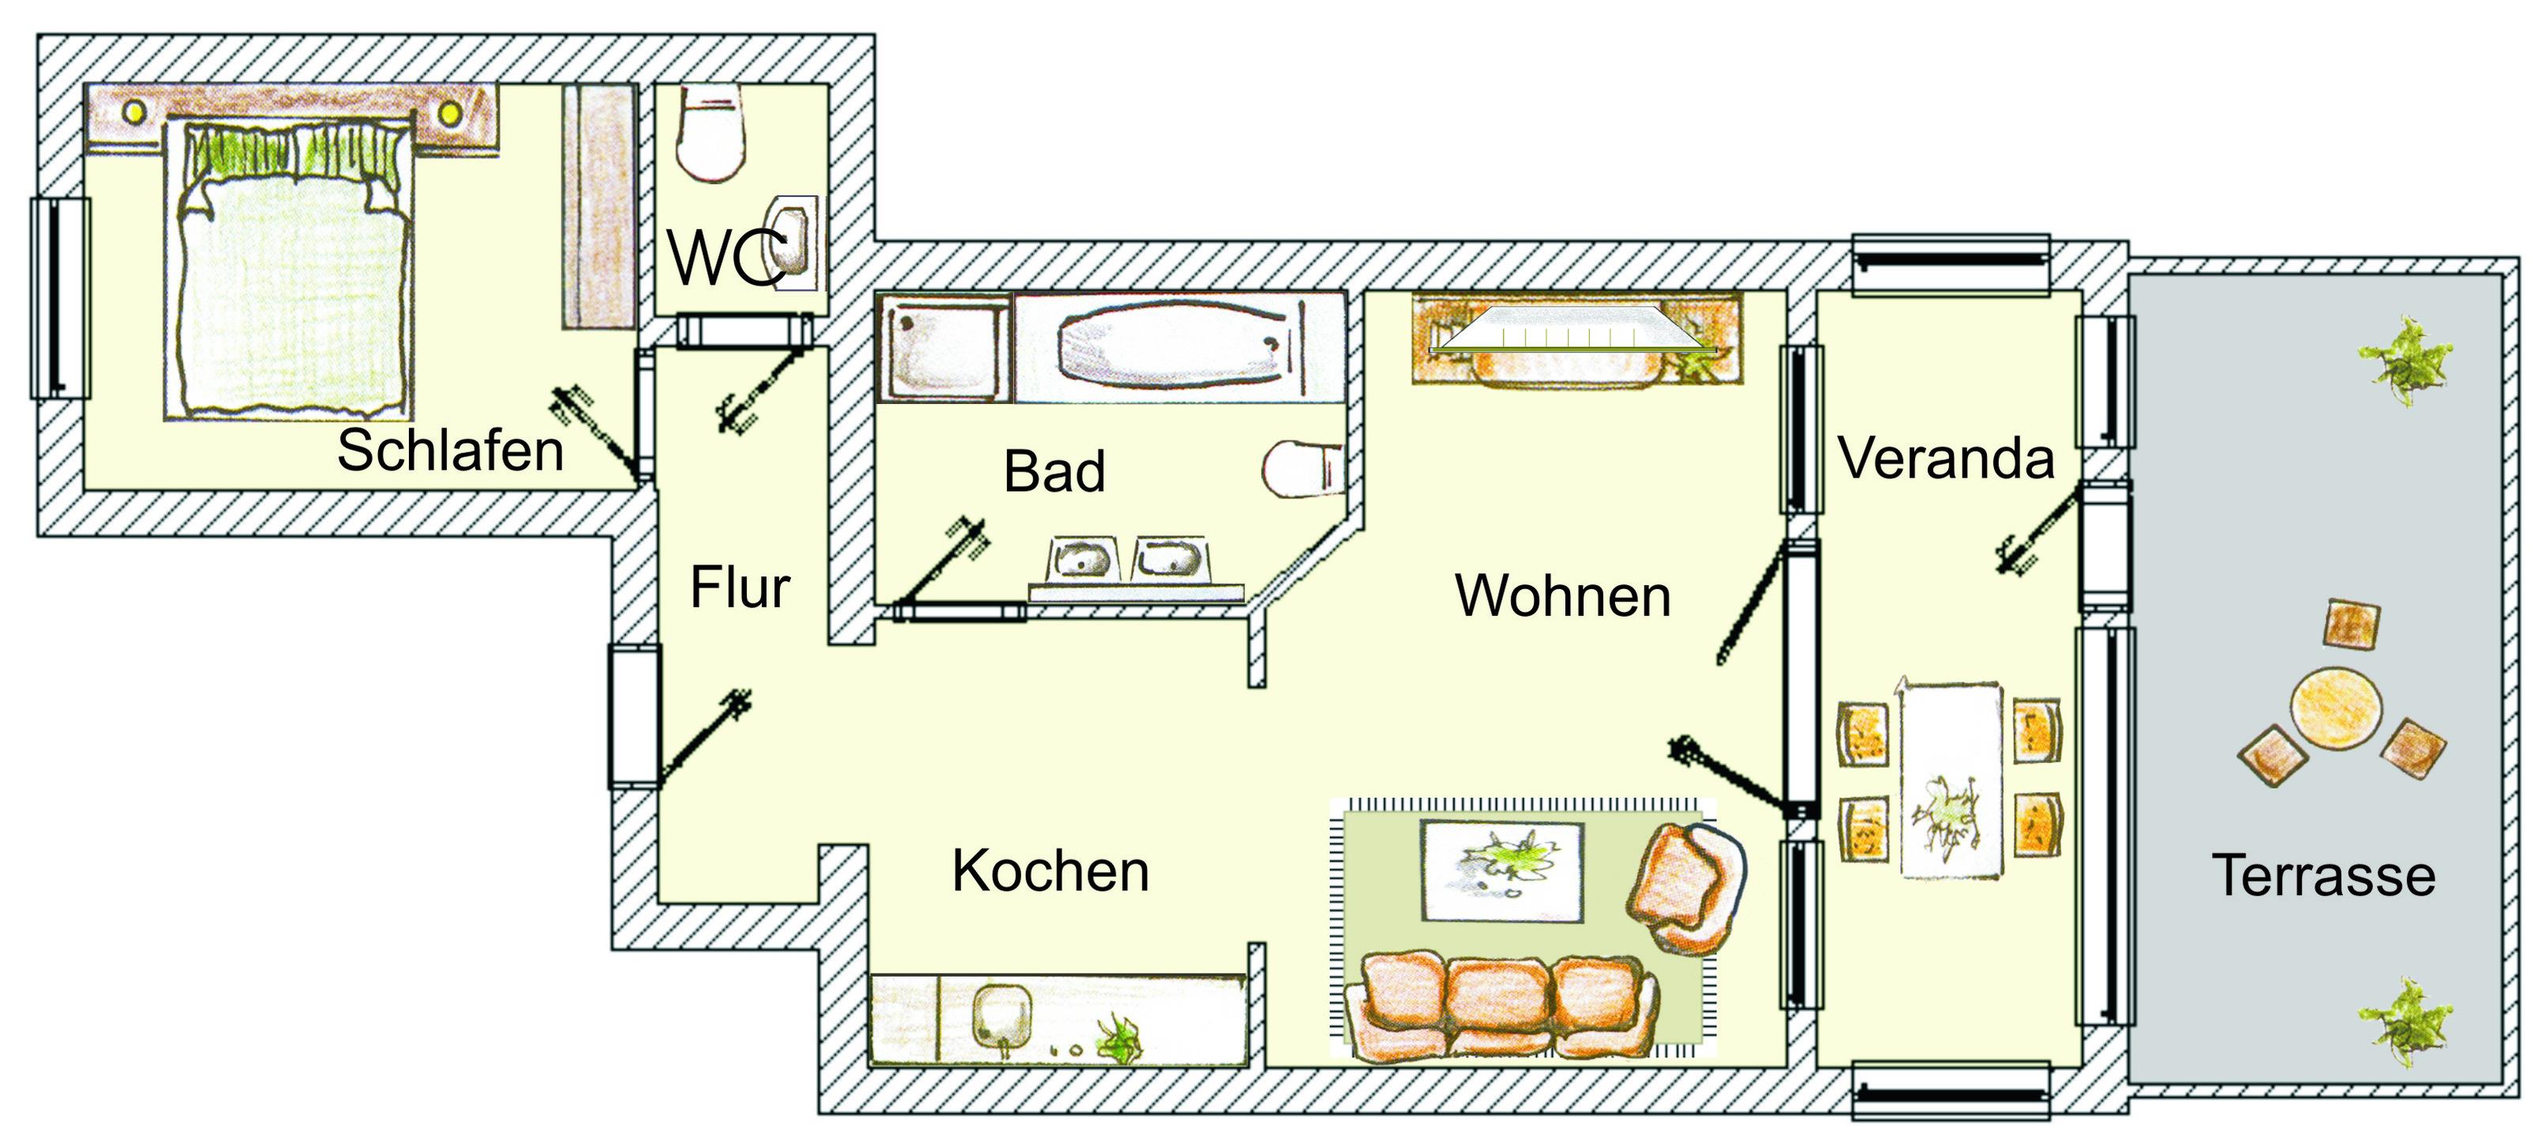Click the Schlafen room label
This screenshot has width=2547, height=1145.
(x=450, y=451)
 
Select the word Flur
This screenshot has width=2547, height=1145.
(x=740, y=588)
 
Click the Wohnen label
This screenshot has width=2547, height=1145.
(x=1562, y=595)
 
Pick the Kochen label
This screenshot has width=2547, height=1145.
(x=1050, y=871)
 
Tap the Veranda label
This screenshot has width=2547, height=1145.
(x=1946, y=458)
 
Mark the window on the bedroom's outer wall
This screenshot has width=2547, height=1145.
(x=59, y=297)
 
